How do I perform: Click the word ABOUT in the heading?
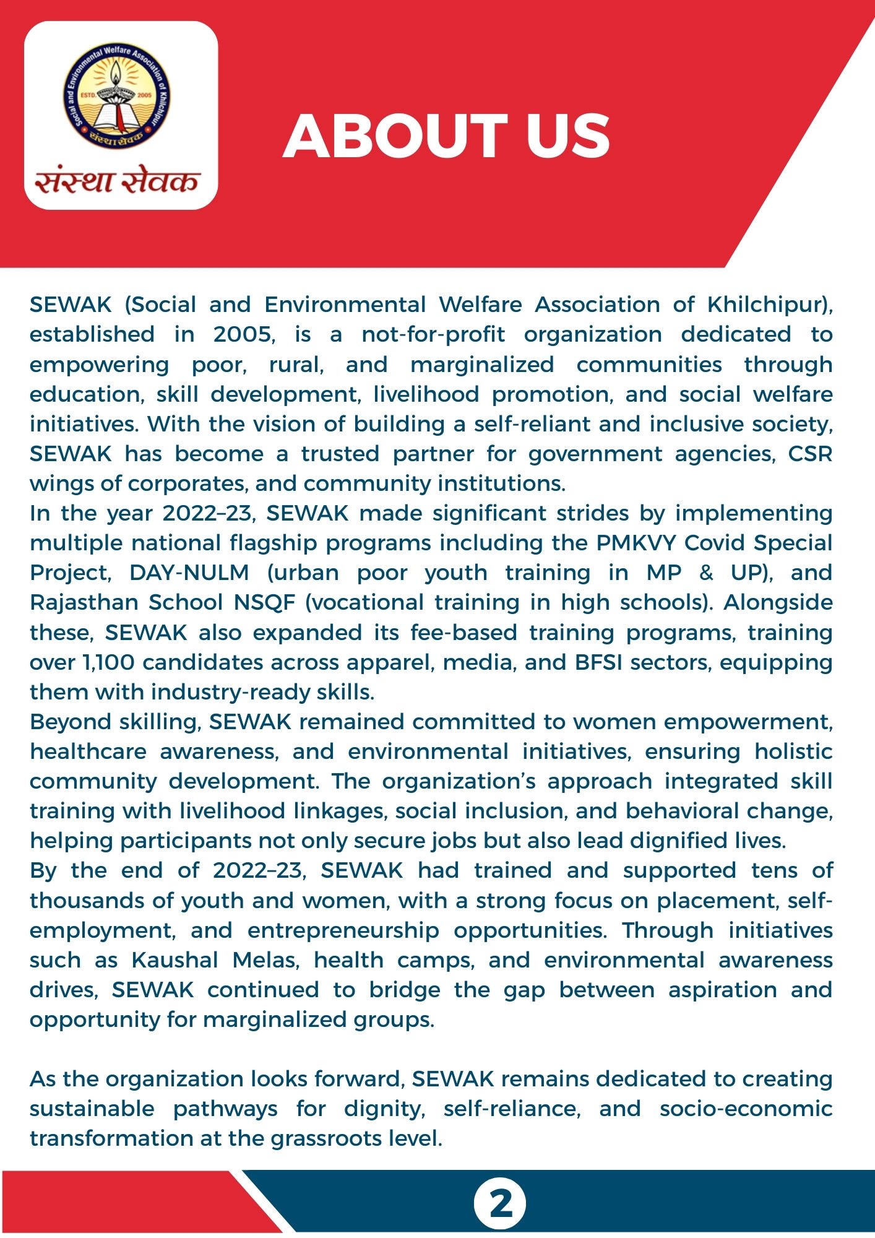click(x=395, y=136)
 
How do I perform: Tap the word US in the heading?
click(x=568, y=136)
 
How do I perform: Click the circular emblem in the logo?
click(x=117, y=97)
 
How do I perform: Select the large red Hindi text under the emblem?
click(x=118, y=180)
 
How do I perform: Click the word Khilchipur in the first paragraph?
click(x=769, y=305)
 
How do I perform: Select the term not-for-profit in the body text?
click(x=433, y=334)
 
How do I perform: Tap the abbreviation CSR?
click(x=810, y=454)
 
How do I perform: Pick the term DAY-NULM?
click(x=189, y=573)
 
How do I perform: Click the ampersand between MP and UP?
click(x=706, y=573)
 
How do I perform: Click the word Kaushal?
click(x=175, y=960)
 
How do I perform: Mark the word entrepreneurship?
click(x=343, y=930)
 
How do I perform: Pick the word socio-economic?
click(x=746, y=1109)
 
